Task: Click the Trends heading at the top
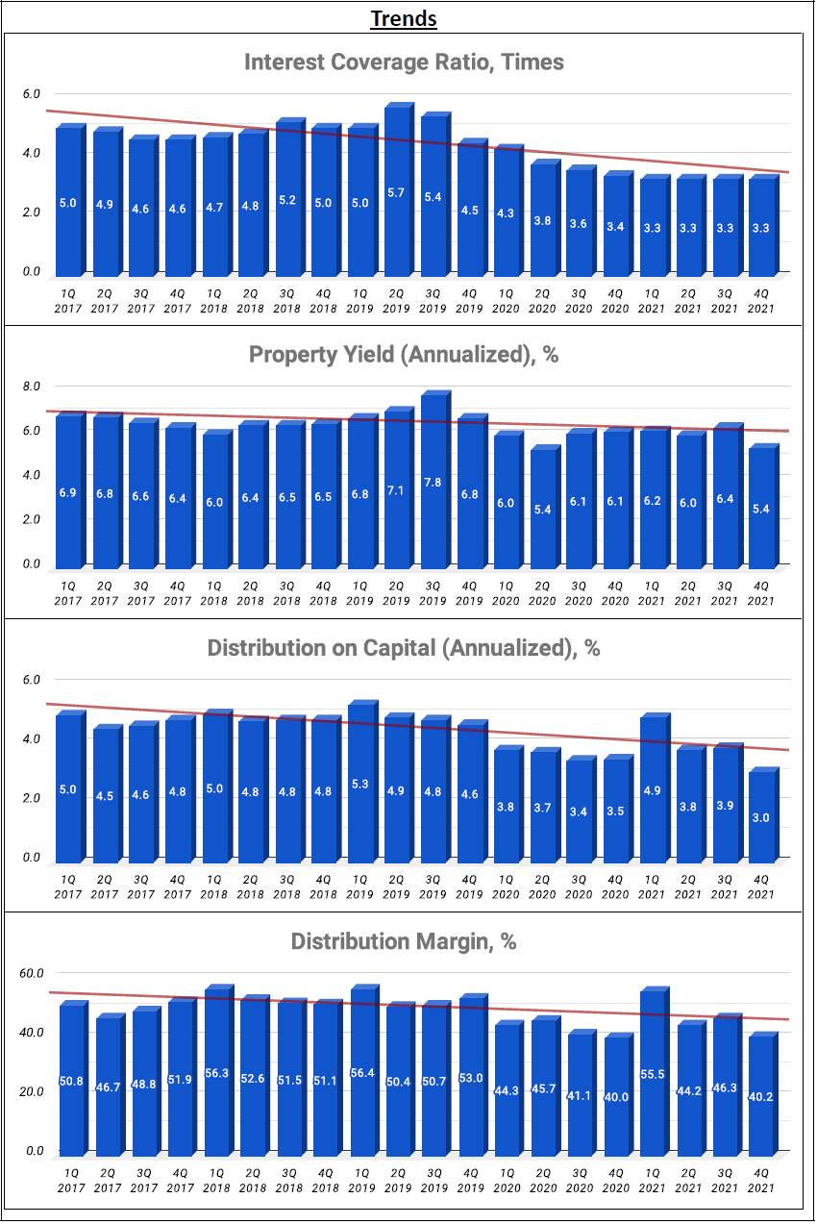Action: (404, 18)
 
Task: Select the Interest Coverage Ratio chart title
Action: (404, 62)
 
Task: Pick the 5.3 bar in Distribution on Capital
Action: (359, 784)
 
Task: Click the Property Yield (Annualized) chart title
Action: (404, 354)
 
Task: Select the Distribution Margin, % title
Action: (404, 941)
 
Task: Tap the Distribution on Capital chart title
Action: (404, 648)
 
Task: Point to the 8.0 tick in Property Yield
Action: (32, 387)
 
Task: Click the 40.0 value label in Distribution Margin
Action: (615, 1096)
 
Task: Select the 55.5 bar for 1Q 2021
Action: (652, 1072)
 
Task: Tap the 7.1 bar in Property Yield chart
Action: (396, 490)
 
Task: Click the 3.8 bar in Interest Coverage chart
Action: (542, 219)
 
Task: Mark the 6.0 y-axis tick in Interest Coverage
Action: (32, 94)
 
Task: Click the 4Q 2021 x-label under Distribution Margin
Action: (760, 1180)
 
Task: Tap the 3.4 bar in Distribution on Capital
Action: (579, 811)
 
